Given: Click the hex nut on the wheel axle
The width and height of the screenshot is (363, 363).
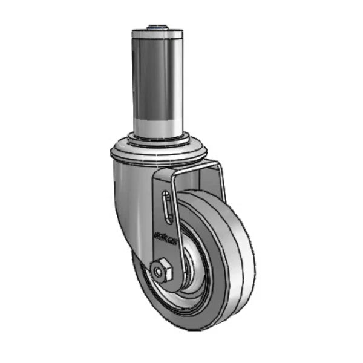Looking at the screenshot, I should (162, 270).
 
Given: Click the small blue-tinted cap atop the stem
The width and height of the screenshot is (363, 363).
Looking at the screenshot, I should (157, 27).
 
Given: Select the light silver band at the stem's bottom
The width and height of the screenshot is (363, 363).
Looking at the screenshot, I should (157, 123).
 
